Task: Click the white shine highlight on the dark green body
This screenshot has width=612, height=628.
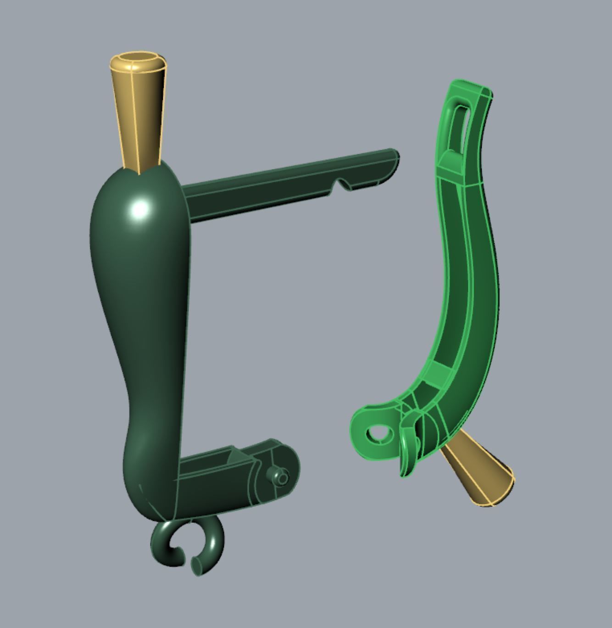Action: pyautogui.click(x=140, y=209)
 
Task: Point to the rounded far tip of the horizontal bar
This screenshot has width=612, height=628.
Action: pyautogui.click(x=394, y=156)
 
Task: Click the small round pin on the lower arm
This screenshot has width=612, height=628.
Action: pyautogui.click(x=281, y=478)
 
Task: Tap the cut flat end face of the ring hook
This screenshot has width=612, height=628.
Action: pyautogui.click(x=196, y=565)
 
